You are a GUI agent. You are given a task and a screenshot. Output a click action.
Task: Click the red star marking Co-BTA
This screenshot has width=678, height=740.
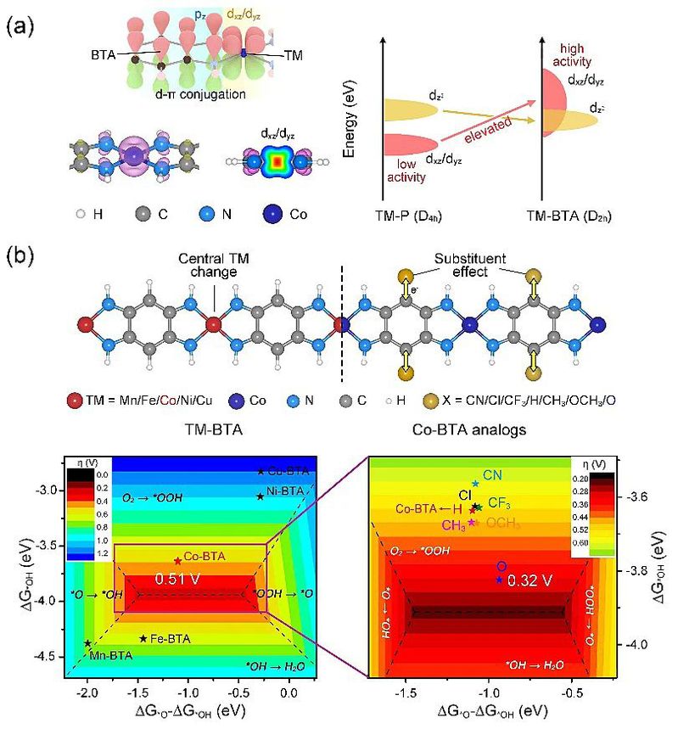tap(177, 560)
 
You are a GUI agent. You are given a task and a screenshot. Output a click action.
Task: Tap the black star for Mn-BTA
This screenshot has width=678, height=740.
tap(87, 643)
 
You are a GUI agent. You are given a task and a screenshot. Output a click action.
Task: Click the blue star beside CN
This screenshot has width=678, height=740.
tap(475, 483)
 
